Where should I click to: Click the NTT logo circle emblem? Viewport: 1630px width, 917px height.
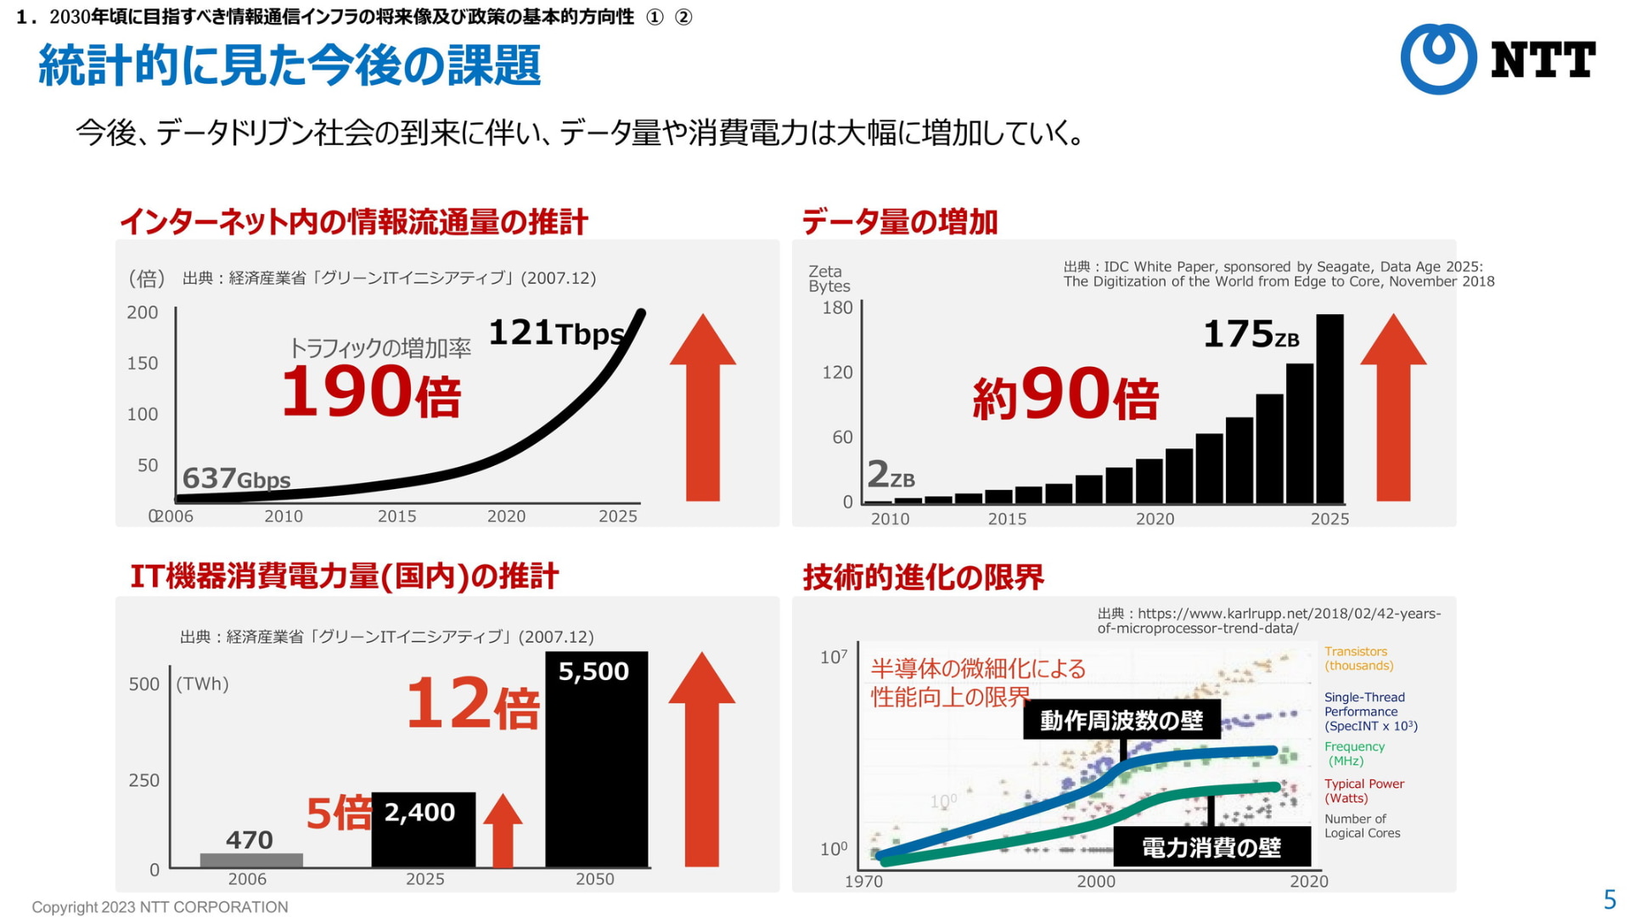coord(1438,59)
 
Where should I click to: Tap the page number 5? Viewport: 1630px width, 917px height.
coord(1609,899)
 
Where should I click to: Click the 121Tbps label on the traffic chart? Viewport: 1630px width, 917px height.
coord(556,333)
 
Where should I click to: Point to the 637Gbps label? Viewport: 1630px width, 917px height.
coord(236,479)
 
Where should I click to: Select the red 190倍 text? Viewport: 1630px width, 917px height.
coord(371,392)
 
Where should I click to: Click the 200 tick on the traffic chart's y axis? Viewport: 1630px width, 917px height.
coord(143,312)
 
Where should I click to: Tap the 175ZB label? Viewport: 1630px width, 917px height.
coord(1251,335)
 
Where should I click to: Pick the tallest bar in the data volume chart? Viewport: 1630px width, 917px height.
coord(1329,408)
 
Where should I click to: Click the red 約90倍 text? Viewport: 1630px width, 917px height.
coord(1065,395)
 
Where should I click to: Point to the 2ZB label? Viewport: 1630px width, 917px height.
coord(891,475)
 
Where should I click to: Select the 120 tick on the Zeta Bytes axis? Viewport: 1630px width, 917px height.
coord(837,372)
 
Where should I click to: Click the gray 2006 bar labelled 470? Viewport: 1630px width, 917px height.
coord(251,860)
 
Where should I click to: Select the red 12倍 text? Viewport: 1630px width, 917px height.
coord(472,704)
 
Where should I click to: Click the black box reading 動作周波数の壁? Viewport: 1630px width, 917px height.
coord(1121,720)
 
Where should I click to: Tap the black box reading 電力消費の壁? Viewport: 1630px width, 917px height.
coord(1211,847)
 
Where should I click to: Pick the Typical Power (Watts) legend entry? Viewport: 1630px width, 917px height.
coord(1363,790)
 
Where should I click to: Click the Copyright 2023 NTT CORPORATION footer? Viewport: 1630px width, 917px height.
coord(160,907)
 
